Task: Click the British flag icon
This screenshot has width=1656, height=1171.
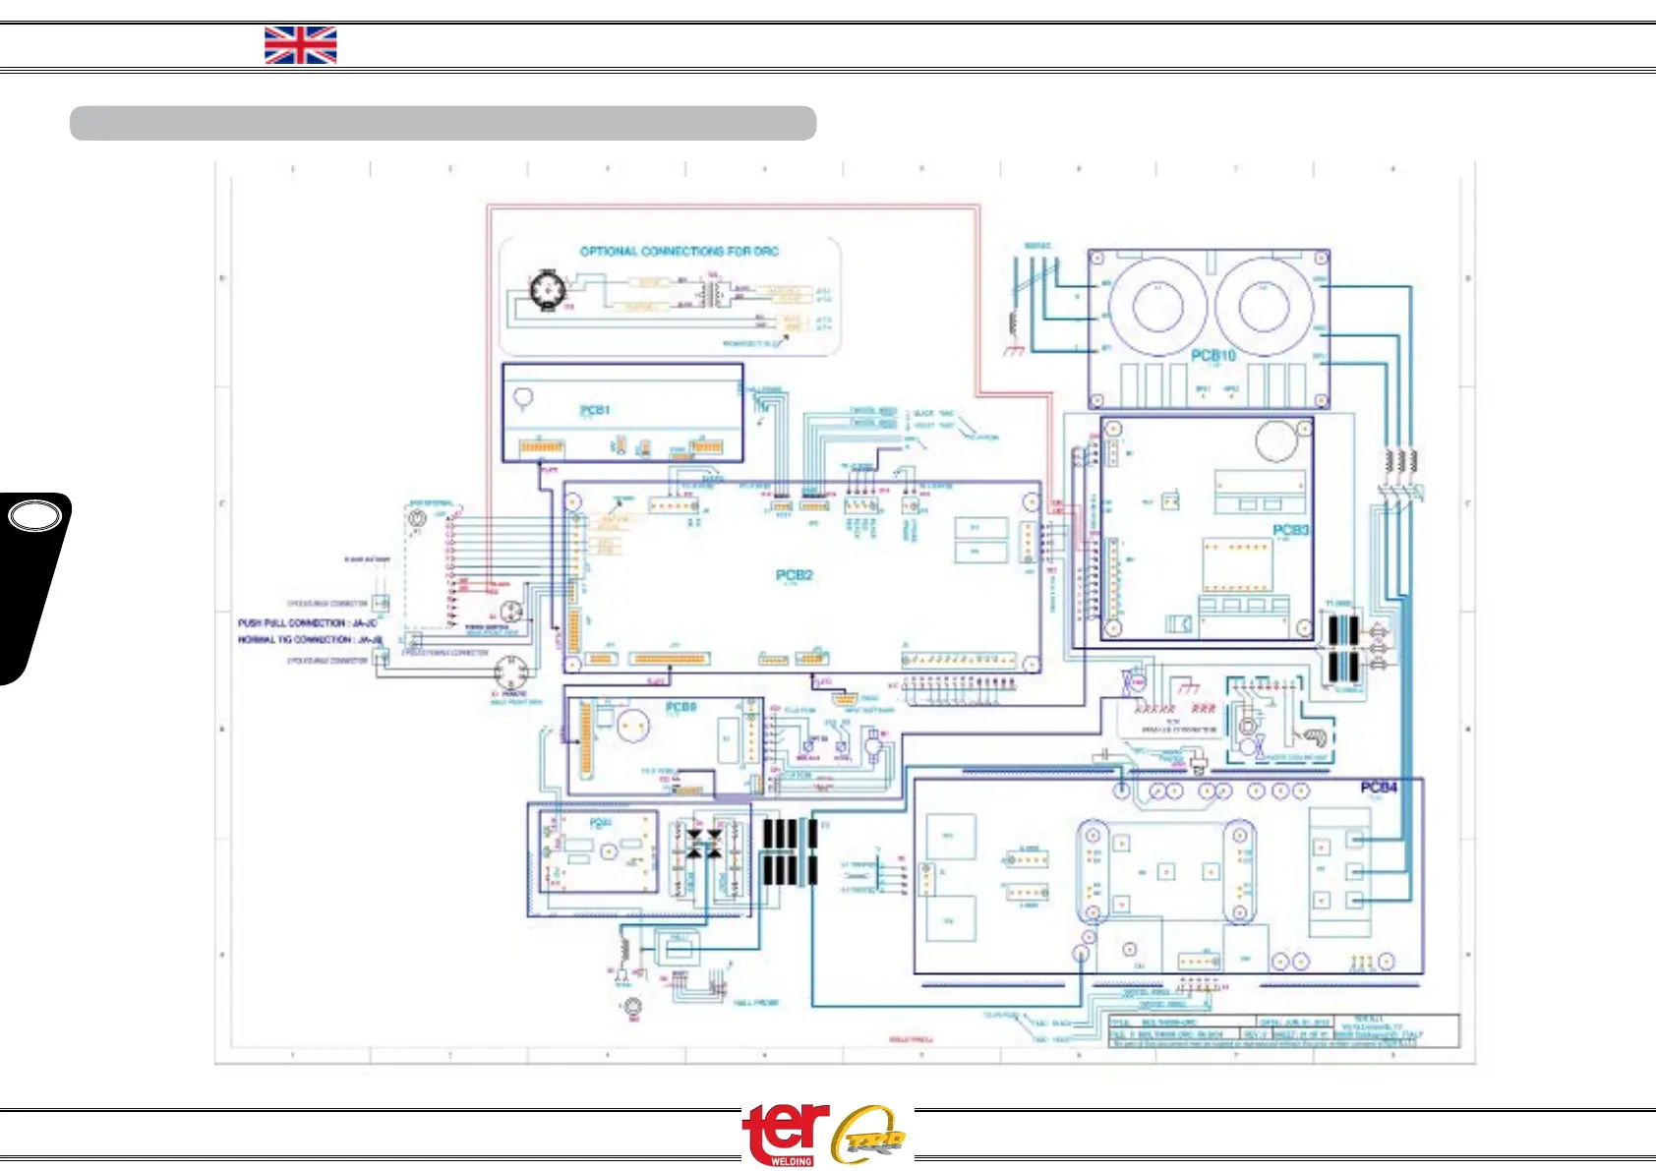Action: click(300, 45)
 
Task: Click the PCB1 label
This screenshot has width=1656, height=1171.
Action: click(594, 410)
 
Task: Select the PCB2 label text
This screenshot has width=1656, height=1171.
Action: click(794, 575)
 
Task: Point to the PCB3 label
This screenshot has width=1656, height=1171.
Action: click(1290, 530)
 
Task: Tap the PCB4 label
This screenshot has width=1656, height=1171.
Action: click(1378, 788)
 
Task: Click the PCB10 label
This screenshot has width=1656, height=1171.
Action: click(1212, 355)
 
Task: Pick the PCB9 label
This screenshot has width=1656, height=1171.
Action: click(680, 707)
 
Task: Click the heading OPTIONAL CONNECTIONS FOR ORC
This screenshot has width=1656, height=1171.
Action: click(679, 252)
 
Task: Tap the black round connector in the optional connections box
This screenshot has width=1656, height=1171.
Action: click(546, 290)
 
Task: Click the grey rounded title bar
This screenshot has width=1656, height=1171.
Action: click(443, 124)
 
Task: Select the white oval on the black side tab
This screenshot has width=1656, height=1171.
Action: click(33, 516)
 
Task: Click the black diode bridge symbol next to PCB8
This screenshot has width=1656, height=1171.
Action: click(703, 844)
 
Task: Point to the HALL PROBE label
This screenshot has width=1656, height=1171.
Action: click(755, 1003)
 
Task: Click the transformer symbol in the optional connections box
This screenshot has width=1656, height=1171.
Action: click(715, 293)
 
